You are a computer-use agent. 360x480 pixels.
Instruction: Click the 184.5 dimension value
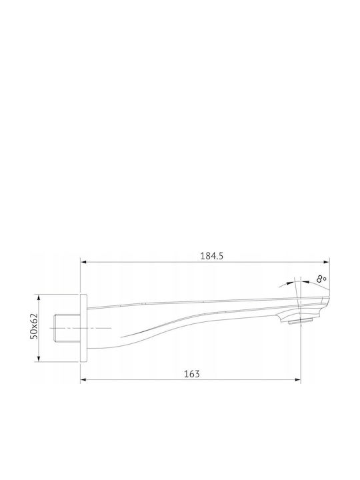click(x=211, y=256)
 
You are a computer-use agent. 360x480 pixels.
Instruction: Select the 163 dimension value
click(x=192, y=374)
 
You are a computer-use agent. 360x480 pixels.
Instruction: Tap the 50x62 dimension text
click(x=34, y=326)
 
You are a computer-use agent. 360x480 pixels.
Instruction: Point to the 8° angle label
click(x=321, y=279)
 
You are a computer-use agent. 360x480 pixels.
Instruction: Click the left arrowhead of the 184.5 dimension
click(x=83, y=262)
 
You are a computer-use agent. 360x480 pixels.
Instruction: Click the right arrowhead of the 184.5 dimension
click(x=327, y=262)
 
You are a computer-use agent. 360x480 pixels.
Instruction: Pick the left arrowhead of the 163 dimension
click(x=83, y=380)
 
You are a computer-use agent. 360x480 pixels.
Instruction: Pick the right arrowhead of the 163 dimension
click(x=297, y=380)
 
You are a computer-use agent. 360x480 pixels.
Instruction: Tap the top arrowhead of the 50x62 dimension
click(x=38, y=297)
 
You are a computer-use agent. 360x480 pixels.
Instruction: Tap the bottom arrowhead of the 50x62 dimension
click(x=38, y=359)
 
